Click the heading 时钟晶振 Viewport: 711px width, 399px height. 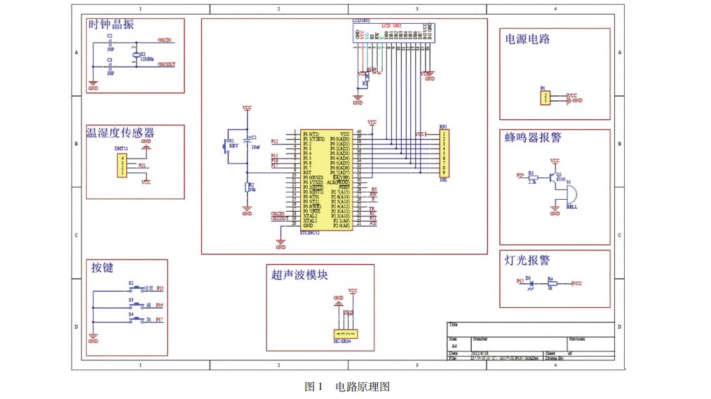point(111,25)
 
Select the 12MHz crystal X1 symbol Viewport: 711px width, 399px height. point(135,55)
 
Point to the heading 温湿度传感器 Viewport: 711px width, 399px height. point(120,133)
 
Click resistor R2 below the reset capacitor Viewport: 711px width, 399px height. point(247,187)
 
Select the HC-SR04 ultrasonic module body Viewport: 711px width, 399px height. point(346,333)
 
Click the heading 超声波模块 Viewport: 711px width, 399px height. point(299,275)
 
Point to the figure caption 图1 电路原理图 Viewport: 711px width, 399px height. point(346,386)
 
